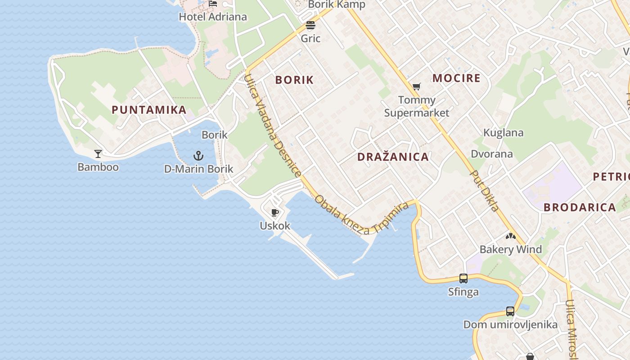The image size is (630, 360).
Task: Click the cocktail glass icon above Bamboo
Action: [x=98, y=154]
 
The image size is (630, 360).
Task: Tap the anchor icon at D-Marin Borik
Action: [x=198, y=156]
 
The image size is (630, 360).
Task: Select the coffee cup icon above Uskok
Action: [x=275, y=212]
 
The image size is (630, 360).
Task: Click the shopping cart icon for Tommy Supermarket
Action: [x=417, y=86]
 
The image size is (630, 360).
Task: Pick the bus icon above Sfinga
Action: [x=463, y=279]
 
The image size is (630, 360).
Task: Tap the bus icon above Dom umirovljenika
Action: [x=510, y=311]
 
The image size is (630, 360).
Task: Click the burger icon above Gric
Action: [x=310, y=25]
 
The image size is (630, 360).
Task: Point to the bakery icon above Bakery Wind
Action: [x=510, y=236]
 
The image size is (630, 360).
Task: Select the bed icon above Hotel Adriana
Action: [x=213, y=4]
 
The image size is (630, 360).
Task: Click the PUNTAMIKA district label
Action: [x=149, y=110]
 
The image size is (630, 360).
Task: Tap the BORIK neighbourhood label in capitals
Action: [x=294, y=80]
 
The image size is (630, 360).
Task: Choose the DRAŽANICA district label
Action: [x=393, y=157]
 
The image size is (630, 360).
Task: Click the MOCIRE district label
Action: [x=456, y=78]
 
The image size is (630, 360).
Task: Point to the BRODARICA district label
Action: [x=580, y=207]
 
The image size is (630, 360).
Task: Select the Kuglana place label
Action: [x=503, y=133]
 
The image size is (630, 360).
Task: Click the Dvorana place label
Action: [x=491, y=154]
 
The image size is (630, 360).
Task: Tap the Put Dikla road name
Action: [x=485, y=190]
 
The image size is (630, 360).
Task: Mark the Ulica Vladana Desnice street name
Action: [x=272, y=126]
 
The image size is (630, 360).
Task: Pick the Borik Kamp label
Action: [x=337, y=4]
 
